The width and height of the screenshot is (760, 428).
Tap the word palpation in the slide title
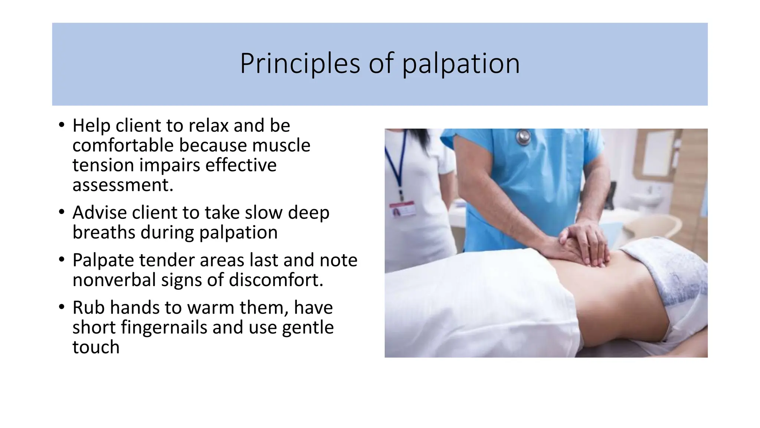[x=461, y=64]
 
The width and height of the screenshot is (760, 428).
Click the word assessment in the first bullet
[x=123, y=185]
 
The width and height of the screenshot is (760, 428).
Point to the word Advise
[x=99, y=213]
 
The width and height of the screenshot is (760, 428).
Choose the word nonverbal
[x=114, y=280]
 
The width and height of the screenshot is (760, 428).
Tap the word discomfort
[x=276, y=280]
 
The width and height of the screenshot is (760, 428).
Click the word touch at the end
[x=96, y=347]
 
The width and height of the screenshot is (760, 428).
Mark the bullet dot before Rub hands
[x=62, y=307]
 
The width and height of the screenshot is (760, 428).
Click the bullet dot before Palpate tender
[x=62, y=260]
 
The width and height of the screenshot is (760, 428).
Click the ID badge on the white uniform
[x=402, y=210]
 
